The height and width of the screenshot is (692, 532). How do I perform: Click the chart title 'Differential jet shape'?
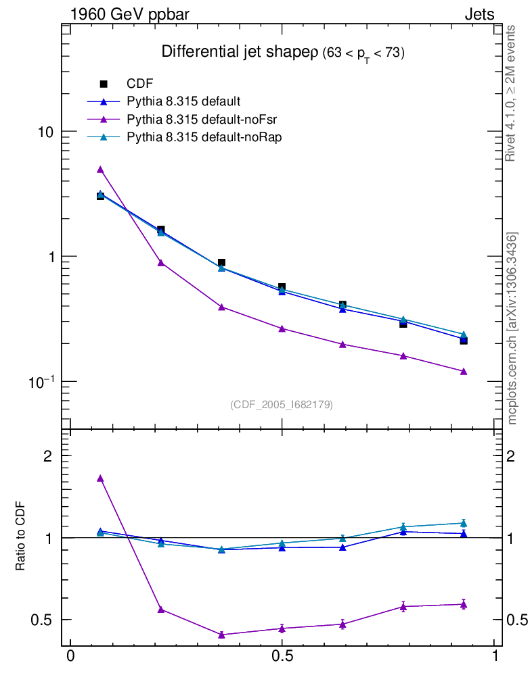[x=234, y=53]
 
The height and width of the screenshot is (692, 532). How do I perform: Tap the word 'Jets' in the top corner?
[x=479, y=14]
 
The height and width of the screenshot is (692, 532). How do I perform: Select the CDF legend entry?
[x=140, y=84]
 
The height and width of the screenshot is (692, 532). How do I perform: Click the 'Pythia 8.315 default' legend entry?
[x=183, y=102]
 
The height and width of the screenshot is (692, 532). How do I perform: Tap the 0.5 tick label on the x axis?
[x=282, y=658]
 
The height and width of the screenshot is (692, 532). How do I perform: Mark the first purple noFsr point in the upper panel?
[x=100, y=170]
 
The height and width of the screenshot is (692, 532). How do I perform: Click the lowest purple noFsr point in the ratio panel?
[x=221, y=635]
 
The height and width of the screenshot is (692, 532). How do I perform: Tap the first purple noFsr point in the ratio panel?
[x=100, y=478]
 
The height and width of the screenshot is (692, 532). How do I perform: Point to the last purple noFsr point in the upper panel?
[x=464, y=372]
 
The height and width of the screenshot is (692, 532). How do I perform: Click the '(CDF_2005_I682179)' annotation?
[x=282, y=404]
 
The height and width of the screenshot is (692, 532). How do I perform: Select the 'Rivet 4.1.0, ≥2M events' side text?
[x=511, y=93]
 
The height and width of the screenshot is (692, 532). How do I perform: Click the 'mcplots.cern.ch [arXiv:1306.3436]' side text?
[x=512, y=328]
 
